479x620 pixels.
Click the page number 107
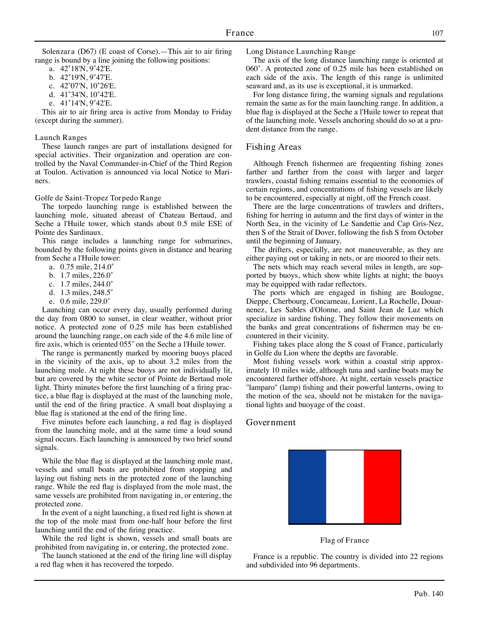(437, 33)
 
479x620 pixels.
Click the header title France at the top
(239, 33)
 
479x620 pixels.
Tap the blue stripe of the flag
(307, 487)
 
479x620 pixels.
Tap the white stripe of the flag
(345, 487)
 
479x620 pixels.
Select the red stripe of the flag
(382, 487)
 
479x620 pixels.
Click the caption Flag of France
(344, 540)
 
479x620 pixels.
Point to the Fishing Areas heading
(274, 147)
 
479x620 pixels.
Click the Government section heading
(270, 422)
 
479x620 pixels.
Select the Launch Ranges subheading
(61, 138)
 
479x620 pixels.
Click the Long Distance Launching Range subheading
(301, 51)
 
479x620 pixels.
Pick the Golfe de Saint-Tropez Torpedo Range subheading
(98, 198)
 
